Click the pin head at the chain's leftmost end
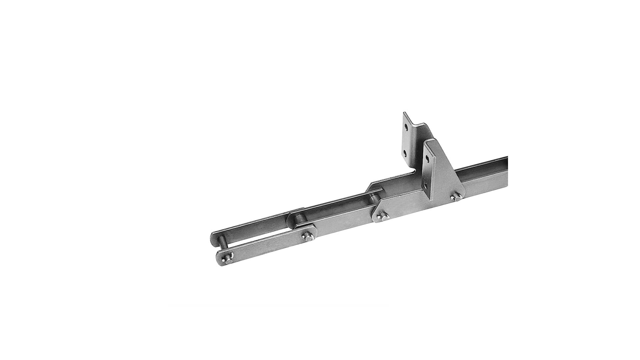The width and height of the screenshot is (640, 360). tap(228, 256)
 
